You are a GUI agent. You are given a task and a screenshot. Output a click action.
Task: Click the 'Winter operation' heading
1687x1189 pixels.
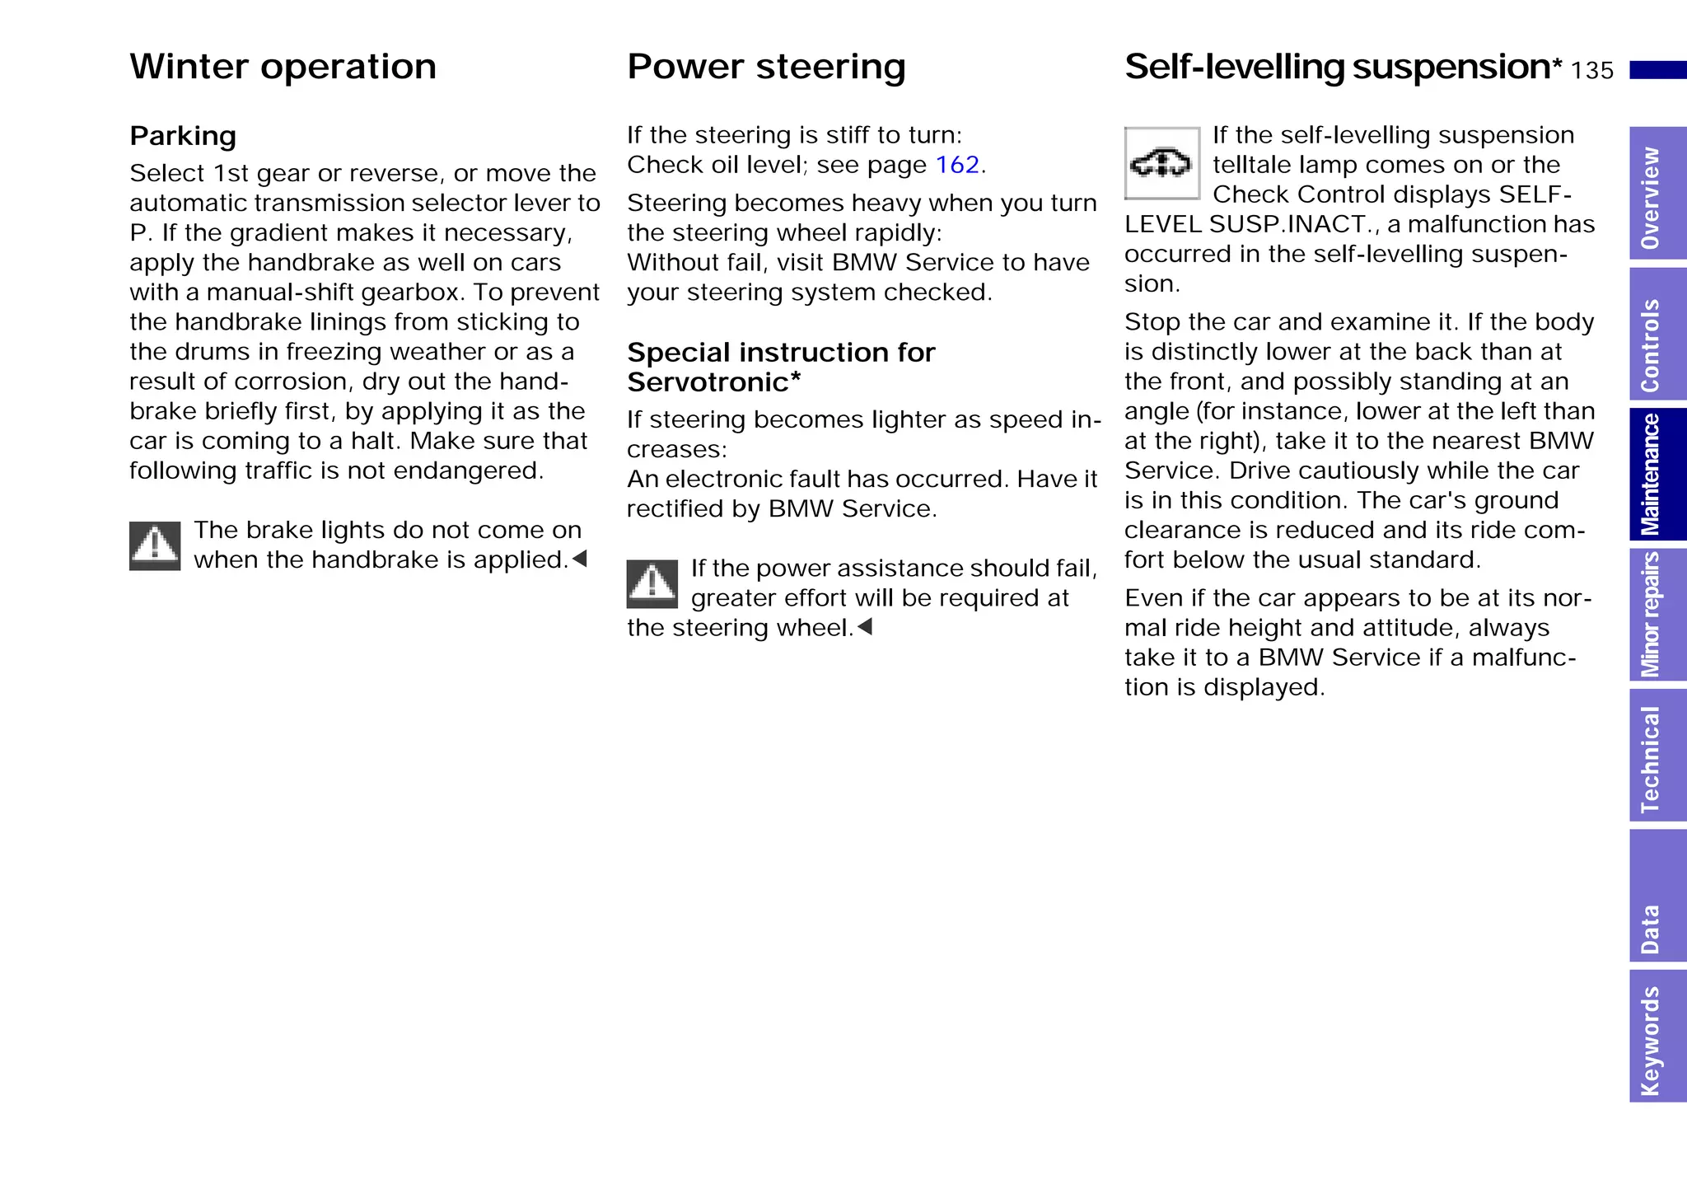[x=283, y=67]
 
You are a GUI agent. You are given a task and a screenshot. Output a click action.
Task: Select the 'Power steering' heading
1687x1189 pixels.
[x=766, y=67]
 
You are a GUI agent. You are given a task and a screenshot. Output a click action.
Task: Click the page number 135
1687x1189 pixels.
[x=1591, y=71]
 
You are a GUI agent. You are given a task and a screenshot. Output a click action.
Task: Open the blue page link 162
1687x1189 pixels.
[x=957, y=165]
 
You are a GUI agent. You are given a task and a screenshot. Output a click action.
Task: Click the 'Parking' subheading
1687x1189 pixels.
[x=183, y=136]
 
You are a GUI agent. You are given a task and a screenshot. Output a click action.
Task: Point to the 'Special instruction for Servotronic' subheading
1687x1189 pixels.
[x=780, y=367]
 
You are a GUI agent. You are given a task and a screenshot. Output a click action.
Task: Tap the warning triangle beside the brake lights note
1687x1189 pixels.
[x=155, y=545]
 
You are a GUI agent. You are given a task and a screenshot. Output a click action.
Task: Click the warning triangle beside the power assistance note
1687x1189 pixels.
[x=652, y=583]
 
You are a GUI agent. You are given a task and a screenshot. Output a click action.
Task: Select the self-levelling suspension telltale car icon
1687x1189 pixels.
[x=1161, y=163]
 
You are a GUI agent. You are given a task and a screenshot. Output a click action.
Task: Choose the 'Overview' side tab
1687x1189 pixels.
[x=1657, y=194]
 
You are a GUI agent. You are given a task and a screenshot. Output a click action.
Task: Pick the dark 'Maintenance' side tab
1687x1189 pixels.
[x=1657, y=475]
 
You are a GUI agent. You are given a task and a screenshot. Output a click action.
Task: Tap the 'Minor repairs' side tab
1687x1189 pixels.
[x=1657, y=615]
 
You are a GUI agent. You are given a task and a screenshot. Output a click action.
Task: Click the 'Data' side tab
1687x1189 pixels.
[x=1657, y=896]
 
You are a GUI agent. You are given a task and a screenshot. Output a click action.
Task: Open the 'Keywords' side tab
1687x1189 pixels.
[x=1657, y=1037]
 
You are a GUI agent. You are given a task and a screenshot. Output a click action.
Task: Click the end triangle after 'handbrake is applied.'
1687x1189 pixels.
[x=580, y=559]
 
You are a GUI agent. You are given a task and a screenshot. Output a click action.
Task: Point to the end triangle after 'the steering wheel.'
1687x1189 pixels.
[x=865, y=627]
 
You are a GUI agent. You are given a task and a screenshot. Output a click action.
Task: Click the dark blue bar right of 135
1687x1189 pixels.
[x=1657, y=70]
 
